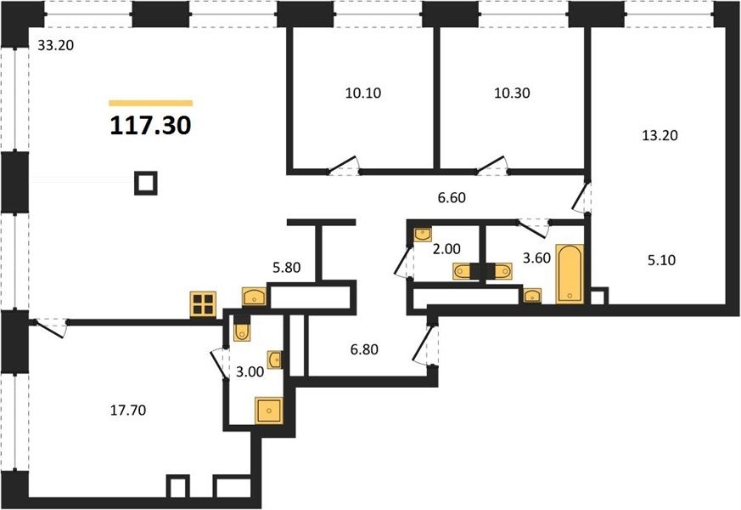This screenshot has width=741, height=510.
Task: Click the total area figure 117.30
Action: (150, 126)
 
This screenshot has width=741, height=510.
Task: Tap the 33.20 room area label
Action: (56, 46)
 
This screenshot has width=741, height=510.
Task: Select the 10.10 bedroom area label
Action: (363, 93)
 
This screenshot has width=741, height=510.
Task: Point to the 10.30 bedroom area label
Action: (512, 93)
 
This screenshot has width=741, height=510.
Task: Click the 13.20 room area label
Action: (660, 136)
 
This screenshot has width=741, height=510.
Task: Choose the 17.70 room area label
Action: (128, 411)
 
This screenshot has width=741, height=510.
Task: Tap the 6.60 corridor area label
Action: (452, 197)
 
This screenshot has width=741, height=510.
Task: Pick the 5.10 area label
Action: (661, 260)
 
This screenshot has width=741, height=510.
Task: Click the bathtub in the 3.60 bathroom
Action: (570, 274)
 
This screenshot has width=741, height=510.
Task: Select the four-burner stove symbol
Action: (203, 303)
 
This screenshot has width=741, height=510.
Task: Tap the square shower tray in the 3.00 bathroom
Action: (269, 411)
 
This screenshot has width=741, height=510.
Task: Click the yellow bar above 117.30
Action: (151, 103)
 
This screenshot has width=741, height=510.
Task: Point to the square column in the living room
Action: (146, 183)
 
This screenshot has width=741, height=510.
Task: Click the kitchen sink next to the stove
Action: (255, 297)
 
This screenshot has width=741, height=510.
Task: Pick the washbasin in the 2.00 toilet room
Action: (423, 235)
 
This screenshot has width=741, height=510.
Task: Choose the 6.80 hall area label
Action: (364, 349)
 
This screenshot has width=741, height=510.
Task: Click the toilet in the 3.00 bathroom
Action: (242, 329)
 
